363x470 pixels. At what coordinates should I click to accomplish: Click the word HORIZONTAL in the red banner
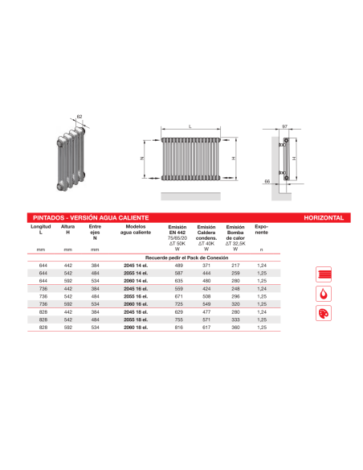[x=324, y=217]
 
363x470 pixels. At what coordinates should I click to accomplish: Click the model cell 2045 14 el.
[x=135, y=265]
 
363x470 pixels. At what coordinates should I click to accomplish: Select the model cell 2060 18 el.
[x=135, y=329]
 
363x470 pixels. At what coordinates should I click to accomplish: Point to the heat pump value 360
[x=235, y=329]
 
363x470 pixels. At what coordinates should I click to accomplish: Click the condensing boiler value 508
[x=206, y=297]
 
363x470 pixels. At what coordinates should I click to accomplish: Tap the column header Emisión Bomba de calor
[x=235, y=235]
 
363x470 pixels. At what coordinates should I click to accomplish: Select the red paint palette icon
[x=324, y=312]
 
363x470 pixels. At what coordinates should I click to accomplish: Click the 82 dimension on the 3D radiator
[x=80, y=117]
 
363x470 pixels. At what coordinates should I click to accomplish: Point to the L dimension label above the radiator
[x=190, y=128]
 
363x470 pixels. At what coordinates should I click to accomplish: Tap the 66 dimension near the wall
[x=267, y=183]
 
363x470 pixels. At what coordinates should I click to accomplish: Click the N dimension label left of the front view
[x=143, y=159]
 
